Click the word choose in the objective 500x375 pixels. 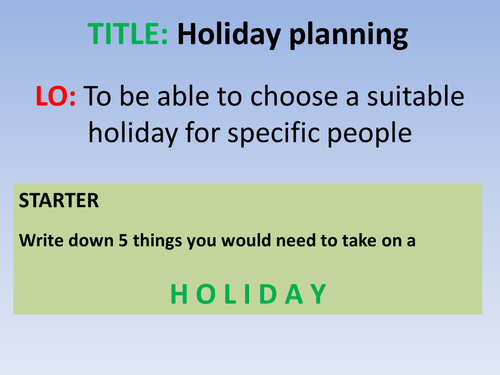click(x=294, y=97)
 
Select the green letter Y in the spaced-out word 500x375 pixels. click(x=319, y=293)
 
